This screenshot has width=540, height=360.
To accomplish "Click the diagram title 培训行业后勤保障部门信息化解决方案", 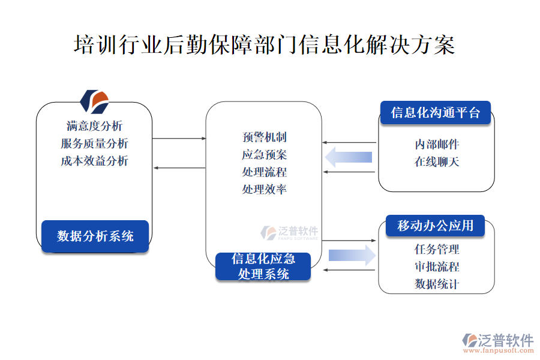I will [x=264, y=46].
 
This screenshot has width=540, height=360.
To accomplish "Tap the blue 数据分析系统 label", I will [x=95, y=236].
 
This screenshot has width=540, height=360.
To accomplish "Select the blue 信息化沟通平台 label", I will [x=435, y=113].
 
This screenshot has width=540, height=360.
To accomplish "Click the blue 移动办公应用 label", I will [x=435, y=226].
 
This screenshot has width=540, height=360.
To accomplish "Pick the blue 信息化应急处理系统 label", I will [x=263, y=266].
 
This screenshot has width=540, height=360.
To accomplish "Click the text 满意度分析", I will [x=94, y=126].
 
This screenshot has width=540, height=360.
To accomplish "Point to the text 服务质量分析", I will [x=94, y=143].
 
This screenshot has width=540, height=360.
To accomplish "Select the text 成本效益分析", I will [x=94, y=161].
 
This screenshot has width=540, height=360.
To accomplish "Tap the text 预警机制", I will [x=264, y=137].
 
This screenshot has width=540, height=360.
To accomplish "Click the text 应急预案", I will [x=264, y=155].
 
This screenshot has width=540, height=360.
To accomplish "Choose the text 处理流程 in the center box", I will [x=264, y=172].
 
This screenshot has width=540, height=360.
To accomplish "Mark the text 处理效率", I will [x=264, y=190].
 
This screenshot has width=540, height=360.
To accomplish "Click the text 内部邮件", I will [x=437, y=145].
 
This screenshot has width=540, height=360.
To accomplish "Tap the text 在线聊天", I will [x=437, y=162].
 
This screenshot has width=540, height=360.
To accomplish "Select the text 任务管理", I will [x=437, y=249].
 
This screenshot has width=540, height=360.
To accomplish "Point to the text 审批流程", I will [x=437, y=266].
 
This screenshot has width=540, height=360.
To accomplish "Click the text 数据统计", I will [x=437, y=284].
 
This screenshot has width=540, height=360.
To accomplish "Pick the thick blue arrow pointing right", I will [x=352, y=255].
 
